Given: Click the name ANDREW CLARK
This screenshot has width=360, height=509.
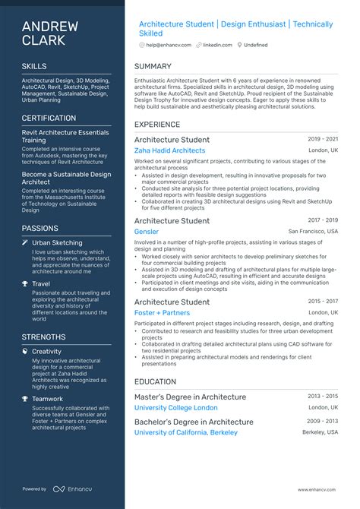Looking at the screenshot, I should tap(50, 33).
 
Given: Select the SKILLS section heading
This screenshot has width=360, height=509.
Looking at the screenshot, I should tap(34, 67).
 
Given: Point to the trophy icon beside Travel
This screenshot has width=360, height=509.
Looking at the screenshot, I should tap(25, 284).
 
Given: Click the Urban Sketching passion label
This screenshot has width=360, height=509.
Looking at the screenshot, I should tap(57, 242).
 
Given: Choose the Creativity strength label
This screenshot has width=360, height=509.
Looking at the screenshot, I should tap(47, 351).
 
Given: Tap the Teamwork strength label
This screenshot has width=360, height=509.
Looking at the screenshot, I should tap(48, 399).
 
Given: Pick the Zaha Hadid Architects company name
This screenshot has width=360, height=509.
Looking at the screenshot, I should tap(169, 150).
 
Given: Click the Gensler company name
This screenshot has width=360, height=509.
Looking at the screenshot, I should tap(147, 232).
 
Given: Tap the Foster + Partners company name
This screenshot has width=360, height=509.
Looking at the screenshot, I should tap(162, 312).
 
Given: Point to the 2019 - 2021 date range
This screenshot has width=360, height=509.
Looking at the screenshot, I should tap(324, 140).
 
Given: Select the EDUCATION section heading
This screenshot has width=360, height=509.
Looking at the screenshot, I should tap(156, 382).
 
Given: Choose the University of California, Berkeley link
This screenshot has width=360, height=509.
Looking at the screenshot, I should tap(185, 432).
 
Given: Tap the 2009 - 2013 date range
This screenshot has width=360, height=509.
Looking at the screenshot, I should tap(324, 421).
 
